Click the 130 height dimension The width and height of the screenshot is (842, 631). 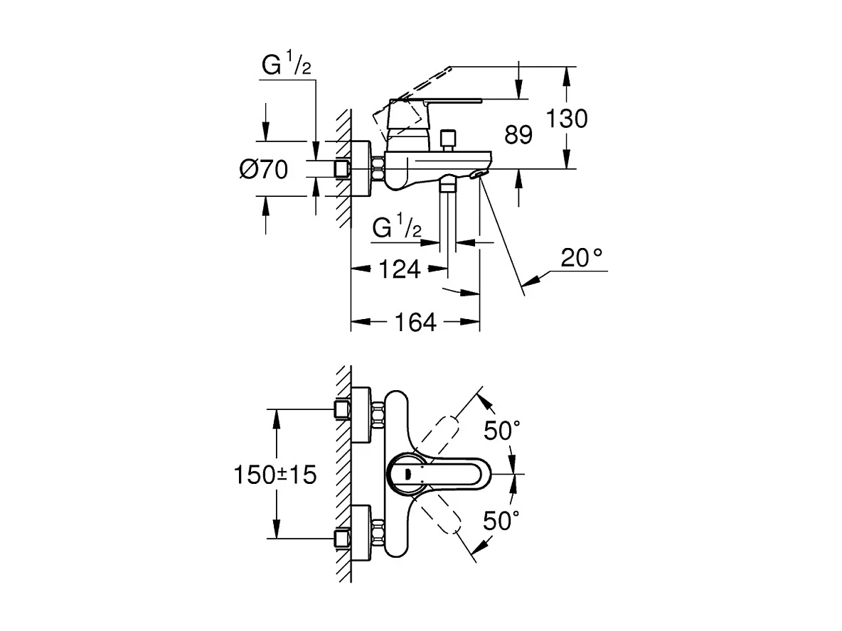[566, 119]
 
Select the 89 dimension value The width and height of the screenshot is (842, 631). [518, 135]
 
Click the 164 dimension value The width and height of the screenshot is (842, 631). [415, 322]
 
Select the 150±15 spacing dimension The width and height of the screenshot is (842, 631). [275, 475]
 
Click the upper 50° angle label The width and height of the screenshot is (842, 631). [502, 430]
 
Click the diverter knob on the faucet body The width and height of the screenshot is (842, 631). [448, 139]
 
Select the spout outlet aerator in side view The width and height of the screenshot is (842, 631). [481, 175]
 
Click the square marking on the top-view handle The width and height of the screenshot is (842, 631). [407, 475]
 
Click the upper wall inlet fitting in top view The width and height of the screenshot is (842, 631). [344, 409]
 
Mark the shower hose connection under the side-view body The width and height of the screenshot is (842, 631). [447, 187]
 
